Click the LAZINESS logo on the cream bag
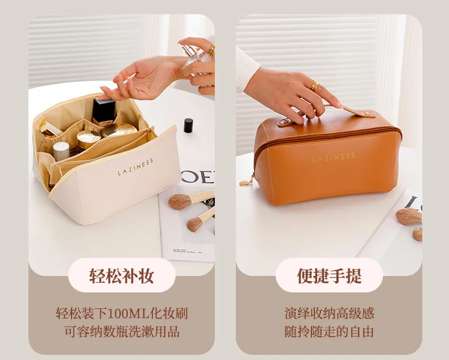(135, 166)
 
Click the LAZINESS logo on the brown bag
(334, 157)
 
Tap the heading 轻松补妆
(122, 275)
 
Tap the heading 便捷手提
(329, 275)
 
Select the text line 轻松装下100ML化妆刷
(122, 313)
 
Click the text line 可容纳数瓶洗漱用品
(122, 332)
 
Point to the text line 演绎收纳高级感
(329, 313)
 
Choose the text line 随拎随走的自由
(329, 332)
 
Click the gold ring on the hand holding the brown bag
(315, 86)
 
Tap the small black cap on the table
(188, 125)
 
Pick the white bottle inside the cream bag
(61, 151)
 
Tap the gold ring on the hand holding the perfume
(211, 49)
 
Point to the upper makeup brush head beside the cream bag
(180, 202)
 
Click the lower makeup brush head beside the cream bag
(195, 224)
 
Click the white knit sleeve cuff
(246, 70)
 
